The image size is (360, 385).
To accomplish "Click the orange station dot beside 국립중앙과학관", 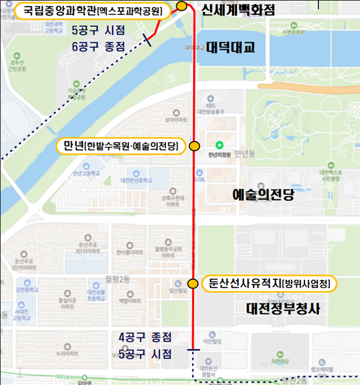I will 181,6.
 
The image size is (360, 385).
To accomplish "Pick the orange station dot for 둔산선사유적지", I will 192,284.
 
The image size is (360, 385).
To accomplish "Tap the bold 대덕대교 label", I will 230,48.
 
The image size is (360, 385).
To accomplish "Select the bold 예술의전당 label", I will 263,195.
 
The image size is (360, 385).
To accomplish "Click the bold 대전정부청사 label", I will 283,308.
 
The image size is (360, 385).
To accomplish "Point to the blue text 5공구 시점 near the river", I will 98,29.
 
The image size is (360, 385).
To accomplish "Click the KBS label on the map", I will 211,105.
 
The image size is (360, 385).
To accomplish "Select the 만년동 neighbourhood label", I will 245,152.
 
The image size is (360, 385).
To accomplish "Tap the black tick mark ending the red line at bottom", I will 193,350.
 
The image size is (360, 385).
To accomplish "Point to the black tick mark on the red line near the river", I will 147,38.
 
